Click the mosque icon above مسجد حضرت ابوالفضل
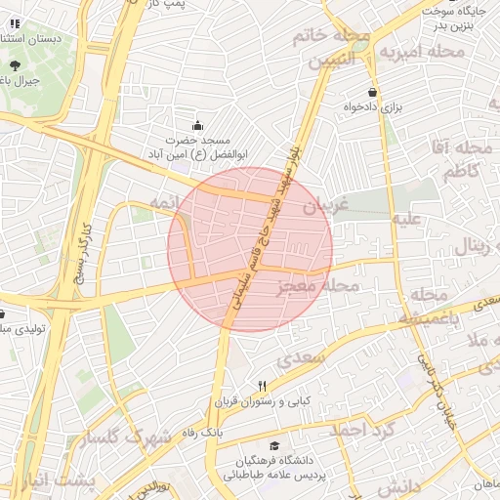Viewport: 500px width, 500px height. pyautogui.click(x=198, y=125)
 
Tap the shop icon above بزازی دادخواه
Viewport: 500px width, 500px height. pyautogui.click(x=372, y=92)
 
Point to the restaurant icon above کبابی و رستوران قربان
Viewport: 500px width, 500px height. pyautogui.click(x=262, y=386)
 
